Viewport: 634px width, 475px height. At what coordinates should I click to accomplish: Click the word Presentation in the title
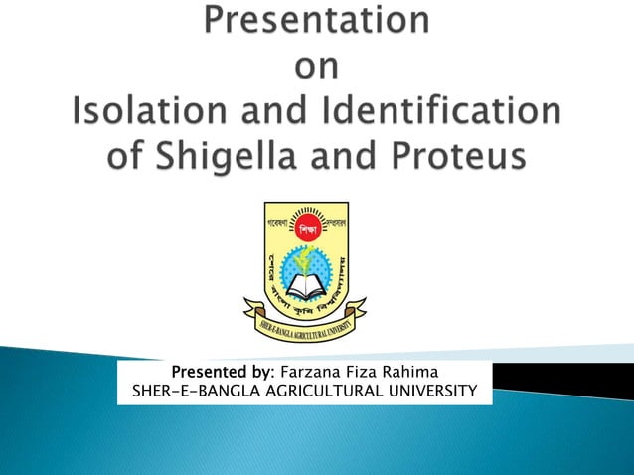pos(317,23)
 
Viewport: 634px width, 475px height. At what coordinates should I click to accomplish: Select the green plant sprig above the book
pos(304,259)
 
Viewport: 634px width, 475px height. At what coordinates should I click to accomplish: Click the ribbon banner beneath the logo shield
pos(304,323)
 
